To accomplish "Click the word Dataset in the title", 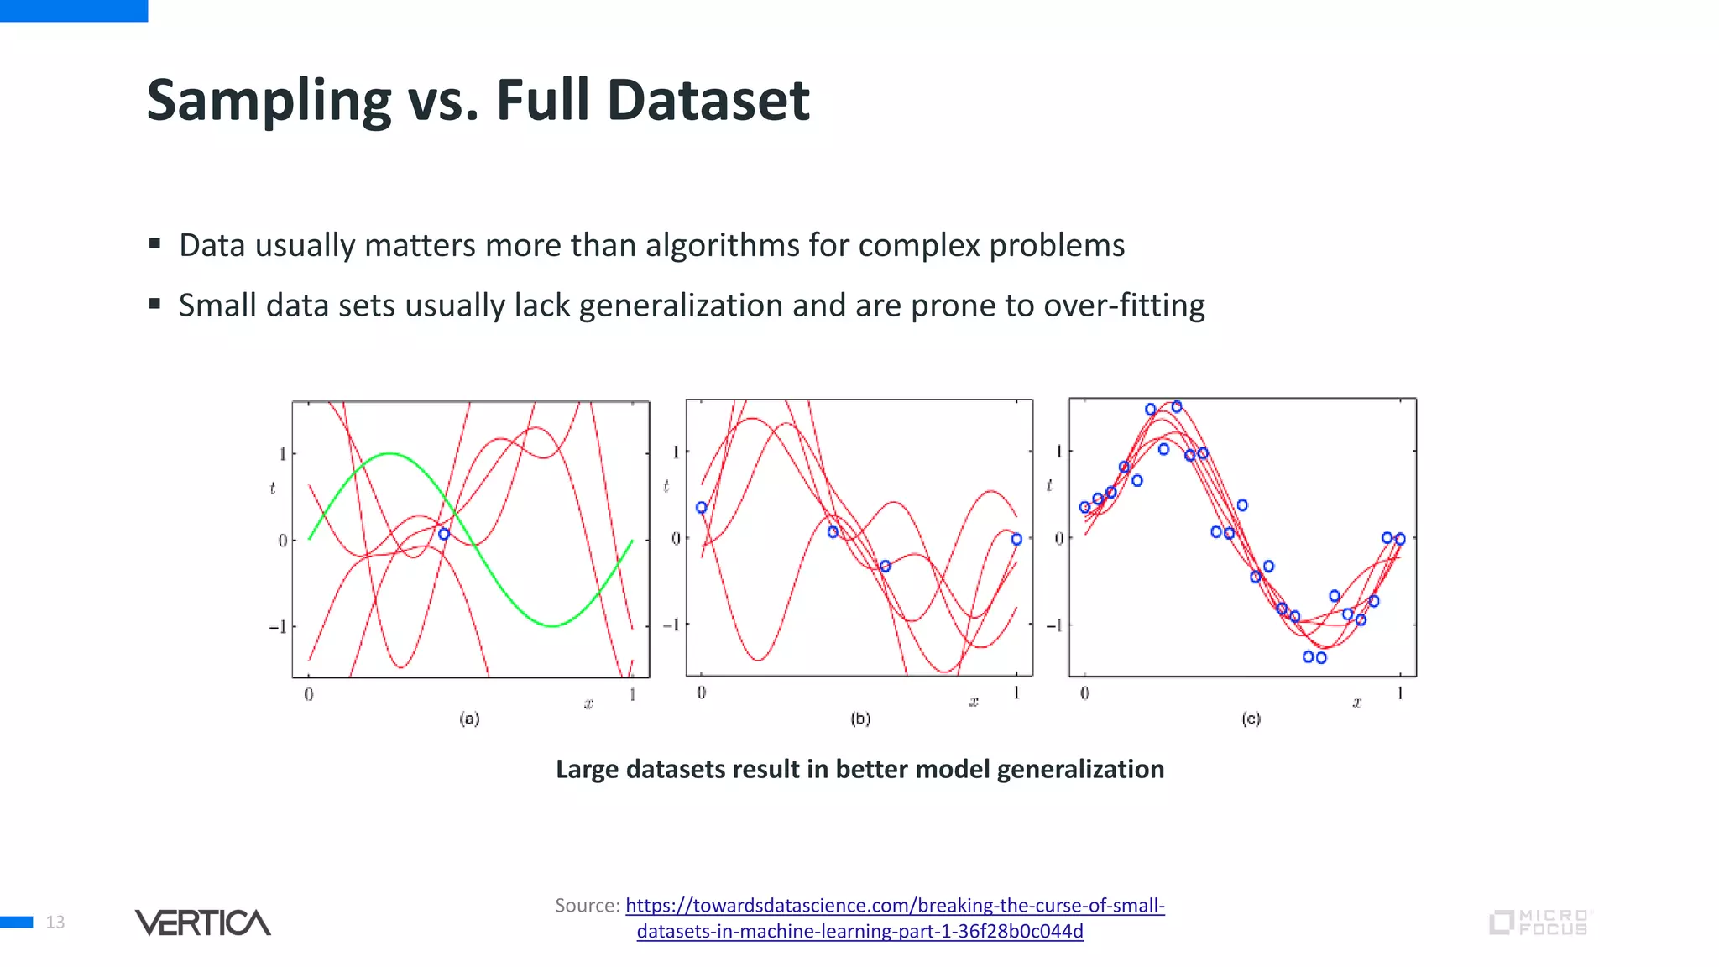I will point(708,101).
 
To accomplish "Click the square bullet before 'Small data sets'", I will point(154,304).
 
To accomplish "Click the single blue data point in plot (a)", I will point(444,534).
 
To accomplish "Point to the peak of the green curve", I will point(389,453).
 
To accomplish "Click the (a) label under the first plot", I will point(469,719).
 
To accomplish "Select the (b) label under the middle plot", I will point(860,719).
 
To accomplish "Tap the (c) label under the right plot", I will point(1251,719).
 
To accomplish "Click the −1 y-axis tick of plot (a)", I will point(277,627).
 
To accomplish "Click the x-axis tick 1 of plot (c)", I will point(1400,693).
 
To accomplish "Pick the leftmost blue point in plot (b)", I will point(702,508).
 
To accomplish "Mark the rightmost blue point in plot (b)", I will point(1016,540).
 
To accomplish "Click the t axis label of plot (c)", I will point(1049,485).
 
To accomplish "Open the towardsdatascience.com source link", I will point(895,906).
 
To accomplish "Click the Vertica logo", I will point(203,923).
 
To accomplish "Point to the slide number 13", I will point(55,923).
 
